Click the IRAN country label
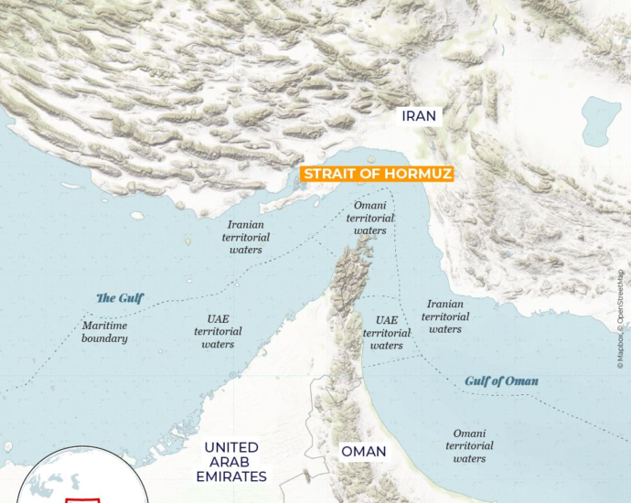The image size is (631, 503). [x=420, y=116]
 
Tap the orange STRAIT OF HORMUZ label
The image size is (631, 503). [x=378, y=174]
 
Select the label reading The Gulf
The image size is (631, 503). [x=120, y=298]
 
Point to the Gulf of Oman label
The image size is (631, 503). [x=501, y=380]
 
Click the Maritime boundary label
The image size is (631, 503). [x=104, y=332]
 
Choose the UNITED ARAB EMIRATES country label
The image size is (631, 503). [x=230, y=462]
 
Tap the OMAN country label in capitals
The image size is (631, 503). [x=364, y=452]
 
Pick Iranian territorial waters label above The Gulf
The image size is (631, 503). [x=246, y=237]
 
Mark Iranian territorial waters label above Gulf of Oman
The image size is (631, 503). [x=444, y=316]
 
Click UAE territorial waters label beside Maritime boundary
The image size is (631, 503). [x=218, y=332]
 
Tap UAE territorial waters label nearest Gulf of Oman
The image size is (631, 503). [x=387, y=333]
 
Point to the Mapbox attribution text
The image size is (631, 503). [x=620, y=352]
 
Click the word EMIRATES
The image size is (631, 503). [x=230, y=476]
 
